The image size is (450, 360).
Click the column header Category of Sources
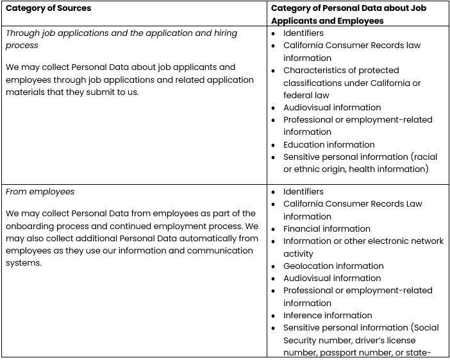click(48, 8)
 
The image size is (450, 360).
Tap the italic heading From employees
click(40, 191)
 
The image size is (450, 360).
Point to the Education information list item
click(329, 144)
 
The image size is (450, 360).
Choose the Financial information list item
click(327, 228)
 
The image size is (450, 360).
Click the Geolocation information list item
click(333, 266)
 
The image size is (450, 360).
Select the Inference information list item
click(328, 315)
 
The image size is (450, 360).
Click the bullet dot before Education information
click(274, 145)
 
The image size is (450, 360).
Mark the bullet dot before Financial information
click(274, 229)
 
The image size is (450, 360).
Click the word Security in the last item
click(302, 339)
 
